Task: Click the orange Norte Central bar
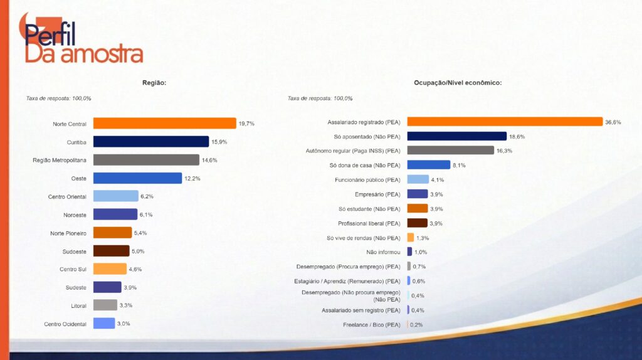(x=164, y=124)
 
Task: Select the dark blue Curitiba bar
(x=150, y=142)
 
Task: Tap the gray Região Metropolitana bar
(x=146, y=160)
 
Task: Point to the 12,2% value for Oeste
(x=192, y=179)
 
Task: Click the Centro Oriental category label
(x=67, y=197)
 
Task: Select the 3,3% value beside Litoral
(x=126, y=305)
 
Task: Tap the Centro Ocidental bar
(x=104, y=324)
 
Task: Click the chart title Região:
(x=154, y=83)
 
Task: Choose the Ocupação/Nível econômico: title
(x=458, y=83)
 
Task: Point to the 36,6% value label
(x=613, y=122)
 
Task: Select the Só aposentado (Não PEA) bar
(x=456, y=136)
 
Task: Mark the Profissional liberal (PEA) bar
(x=418, y=223)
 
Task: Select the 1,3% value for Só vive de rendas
(x=423, y=238)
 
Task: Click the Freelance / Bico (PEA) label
(x=371, y=325)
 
